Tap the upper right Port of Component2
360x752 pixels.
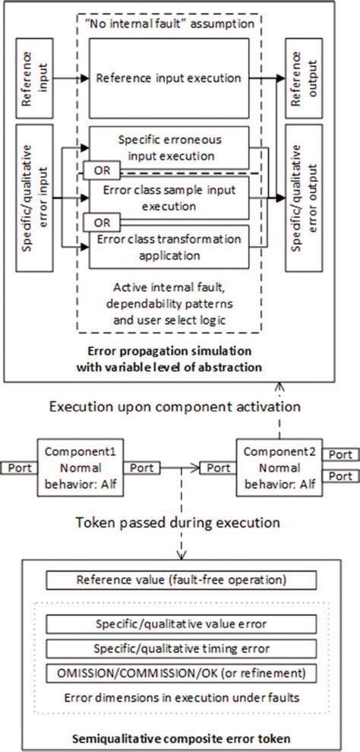tap(339, 454)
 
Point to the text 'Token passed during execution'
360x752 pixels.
tap(179, 524)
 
